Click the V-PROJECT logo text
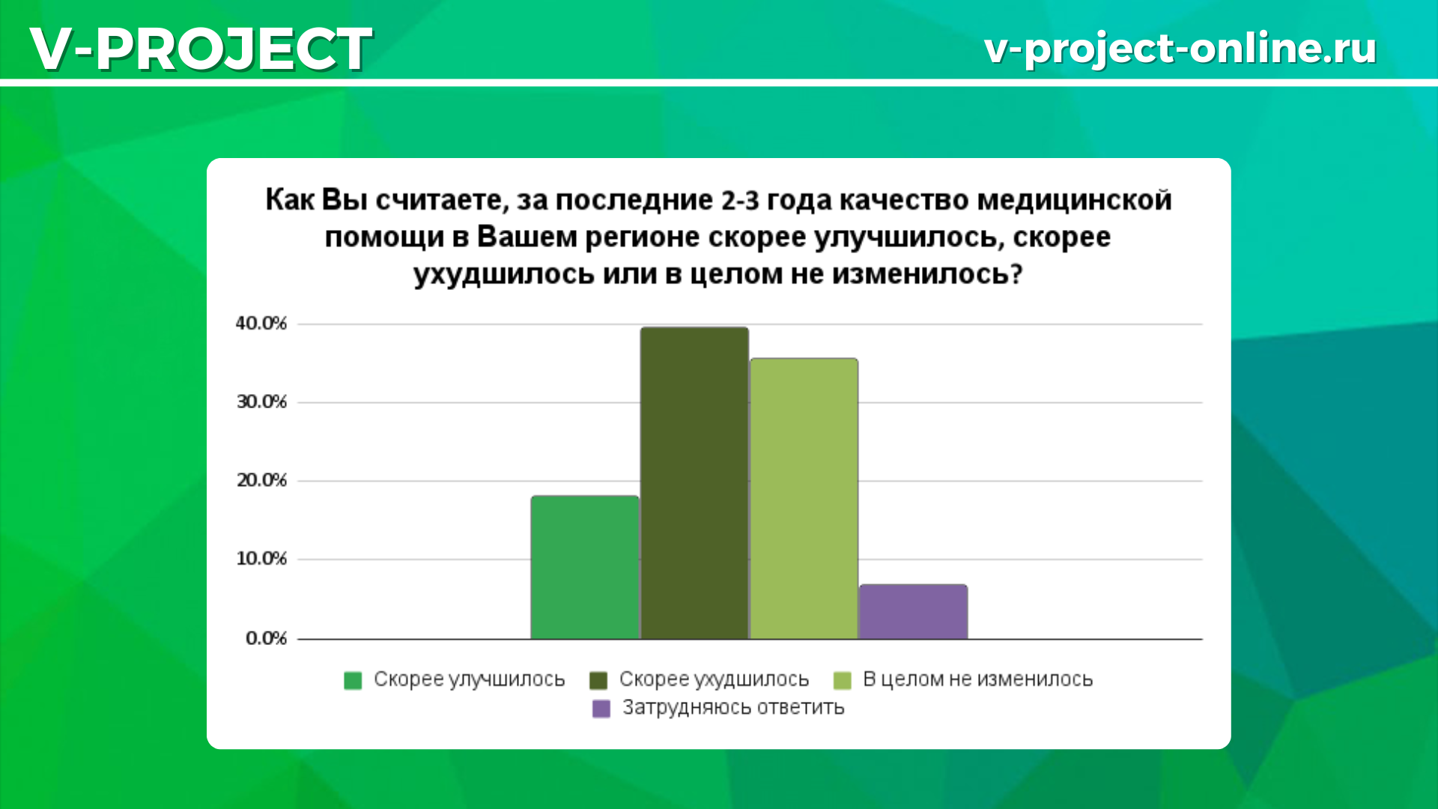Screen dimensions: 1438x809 (201, 49)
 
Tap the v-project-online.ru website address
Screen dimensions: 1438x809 (1180, 49)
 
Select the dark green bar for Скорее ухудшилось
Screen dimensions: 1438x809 (694, 483)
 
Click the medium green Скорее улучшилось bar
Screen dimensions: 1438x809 (585, 568)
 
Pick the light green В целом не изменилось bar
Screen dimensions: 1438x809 (804, 499)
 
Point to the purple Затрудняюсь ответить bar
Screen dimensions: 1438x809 (913, 612)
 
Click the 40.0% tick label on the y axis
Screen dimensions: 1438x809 (261, 324)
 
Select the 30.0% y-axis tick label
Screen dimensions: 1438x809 (261, 402)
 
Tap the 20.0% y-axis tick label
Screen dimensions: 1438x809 (261, 480)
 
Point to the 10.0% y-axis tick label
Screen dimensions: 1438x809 (261, 559)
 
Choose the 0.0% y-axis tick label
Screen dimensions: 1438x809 (266, 638)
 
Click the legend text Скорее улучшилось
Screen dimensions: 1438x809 (469, 679)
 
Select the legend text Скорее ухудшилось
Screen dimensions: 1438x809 (714, 679)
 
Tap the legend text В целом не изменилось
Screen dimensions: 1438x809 (977, 679)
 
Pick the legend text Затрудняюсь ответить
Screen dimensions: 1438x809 (733, 708)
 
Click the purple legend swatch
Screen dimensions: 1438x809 (601, 709)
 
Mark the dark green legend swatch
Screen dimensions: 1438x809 (598, 680)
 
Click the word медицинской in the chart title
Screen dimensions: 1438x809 (1075, 201)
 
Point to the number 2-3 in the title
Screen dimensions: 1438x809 (740, 201)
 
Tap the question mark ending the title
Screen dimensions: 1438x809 (1016, 274)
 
